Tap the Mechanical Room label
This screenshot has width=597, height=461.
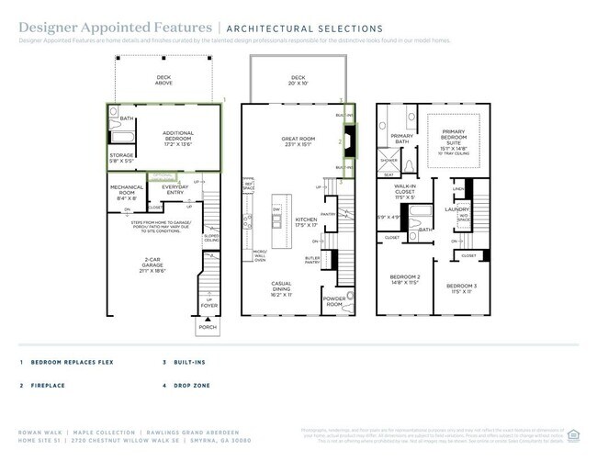[127, 192]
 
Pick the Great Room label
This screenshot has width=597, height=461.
[298, 141]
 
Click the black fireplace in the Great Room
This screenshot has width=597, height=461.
[348, 142]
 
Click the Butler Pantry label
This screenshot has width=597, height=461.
[311, 260]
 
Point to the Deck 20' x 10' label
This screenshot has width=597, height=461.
[298, 81]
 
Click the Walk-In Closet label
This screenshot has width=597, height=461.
[405, 193]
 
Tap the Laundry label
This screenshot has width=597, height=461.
[457, 209]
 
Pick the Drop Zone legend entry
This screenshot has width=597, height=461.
[194, 386]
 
